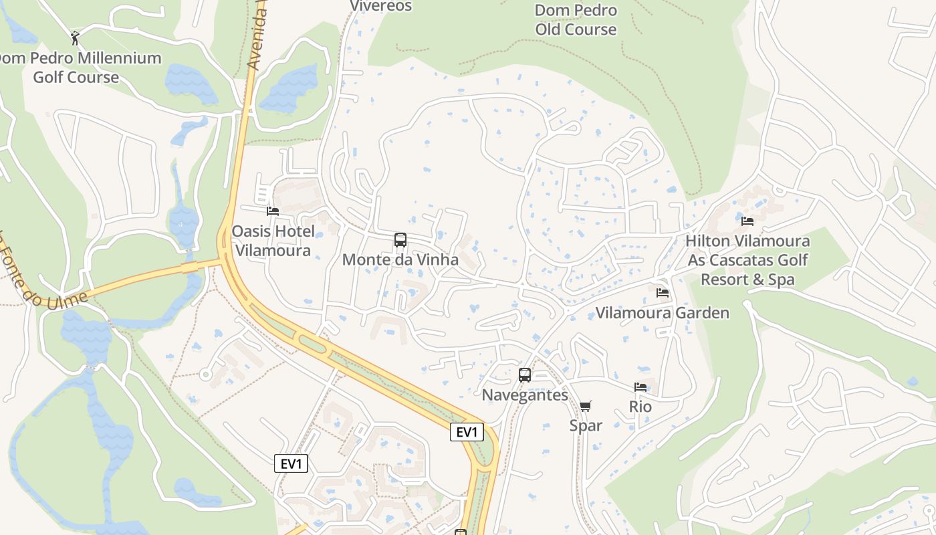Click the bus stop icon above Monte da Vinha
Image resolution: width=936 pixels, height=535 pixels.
(400, 240)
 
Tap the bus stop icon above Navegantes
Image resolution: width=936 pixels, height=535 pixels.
(525, 375)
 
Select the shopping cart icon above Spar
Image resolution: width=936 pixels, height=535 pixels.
(586, 406)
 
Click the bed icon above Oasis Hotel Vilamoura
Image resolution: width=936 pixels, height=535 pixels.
(273, 211)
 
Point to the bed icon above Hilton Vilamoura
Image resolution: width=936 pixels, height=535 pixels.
(747, 221)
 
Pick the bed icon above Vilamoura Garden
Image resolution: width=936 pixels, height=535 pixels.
(663, 293)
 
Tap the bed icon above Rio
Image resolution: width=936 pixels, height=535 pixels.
(640, 387)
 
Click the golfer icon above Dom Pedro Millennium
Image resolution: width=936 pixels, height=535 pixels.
(75, 38)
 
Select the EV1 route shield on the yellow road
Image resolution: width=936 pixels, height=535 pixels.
(466, 432)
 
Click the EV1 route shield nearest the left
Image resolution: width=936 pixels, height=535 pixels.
(291, 463)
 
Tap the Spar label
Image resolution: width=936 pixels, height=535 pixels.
(586, 425)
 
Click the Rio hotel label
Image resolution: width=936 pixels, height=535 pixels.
(640, 407)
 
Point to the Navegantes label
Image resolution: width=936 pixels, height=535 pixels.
(525, 395)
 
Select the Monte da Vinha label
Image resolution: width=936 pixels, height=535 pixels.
(400, 259)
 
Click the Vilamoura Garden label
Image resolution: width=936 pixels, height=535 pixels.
(662, 312)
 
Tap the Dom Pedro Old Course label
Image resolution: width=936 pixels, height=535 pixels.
(576, 20)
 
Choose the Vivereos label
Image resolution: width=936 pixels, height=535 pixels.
(381, 6)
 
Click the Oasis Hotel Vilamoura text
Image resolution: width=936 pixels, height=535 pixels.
(273, 241)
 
